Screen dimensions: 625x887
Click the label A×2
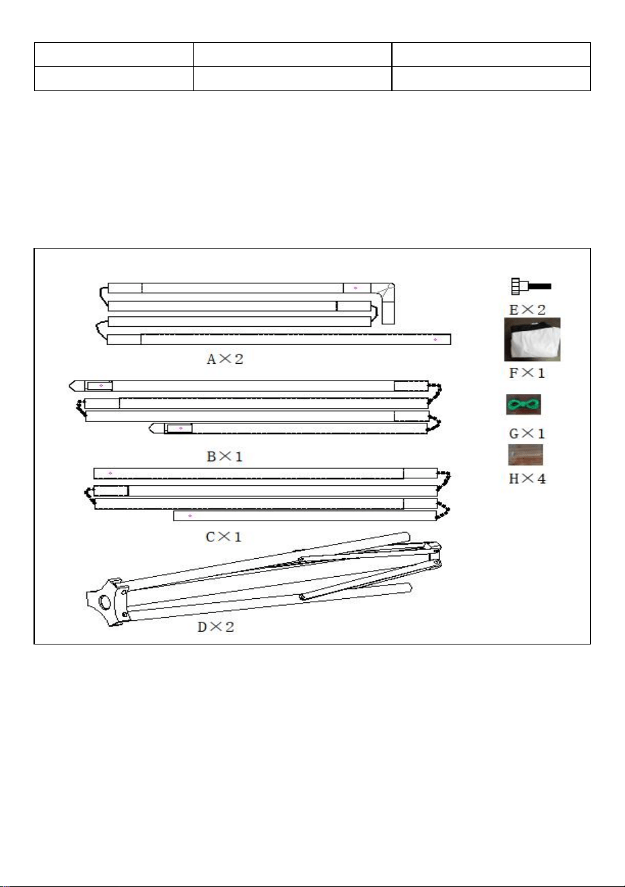pyautogui.click(x=225, y=359)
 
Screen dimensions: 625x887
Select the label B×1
pyautogui.click(x=224, y=456)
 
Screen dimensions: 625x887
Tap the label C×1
pyautogui.click(x=223, y=537)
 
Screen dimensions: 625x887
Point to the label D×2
pyautogui.click(x=216, y=626)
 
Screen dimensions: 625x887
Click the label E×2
pyautogui.click(x=527, y=310)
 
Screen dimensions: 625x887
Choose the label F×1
pyautogui.click(x=527, y=372)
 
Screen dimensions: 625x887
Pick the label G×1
pyautogui.click(x=527, y=433)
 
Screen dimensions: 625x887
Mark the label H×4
pyautogui.click(x=527, y=479)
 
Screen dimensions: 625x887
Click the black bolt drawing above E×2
pyautogui.click(x=531, y=286)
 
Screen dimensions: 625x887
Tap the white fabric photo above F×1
pyautogui.click(x=532, y=340)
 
